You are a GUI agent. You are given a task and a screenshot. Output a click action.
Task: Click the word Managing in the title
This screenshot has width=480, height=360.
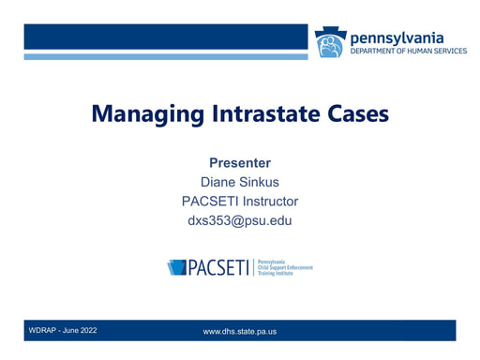point(148,114)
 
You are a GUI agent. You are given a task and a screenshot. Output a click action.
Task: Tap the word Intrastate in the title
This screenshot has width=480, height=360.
point(266,113)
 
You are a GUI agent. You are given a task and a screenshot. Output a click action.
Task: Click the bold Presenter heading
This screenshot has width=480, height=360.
point(240,163)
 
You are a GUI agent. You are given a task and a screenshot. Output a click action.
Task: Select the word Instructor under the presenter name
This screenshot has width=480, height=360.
point(271,202)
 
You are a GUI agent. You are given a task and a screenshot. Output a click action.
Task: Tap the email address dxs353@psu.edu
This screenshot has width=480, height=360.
point(240,220)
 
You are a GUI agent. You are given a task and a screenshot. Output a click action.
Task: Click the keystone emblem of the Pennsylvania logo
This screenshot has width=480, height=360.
point(331,42)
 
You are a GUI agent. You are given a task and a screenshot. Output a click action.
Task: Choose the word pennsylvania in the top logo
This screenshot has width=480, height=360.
point(397,38)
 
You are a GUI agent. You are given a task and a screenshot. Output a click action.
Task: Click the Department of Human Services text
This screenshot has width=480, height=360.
point(409,51)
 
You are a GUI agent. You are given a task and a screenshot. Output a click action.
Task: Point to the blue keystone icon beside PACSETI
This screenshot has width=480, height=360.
point(176,267)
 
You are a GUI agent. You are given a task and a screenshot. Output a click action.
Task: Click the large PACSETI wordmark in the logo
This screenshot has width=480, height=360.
point(218,267)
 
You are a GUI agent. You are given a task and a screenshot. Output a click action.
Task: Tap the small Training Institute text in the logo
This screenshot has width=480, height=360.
point(276,273)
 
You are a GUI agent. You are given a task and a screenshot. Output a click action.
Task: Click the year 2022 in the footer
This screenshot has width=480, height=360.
point(88,330)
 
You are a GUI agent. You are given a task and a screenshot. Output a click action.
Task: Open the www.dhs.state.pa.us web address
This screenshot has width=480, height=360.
point(240,332)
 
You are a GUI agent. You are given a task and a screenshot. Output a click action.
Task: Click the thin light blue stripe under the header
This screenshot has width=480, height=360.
point(166,57)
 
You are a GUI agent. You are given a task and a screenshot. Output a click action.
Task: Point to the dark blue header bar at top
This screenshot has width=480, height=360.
point(166,37)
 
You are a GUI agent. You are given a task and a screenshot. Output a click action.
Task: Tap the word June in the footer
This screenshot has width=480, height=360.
point(70,330)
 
